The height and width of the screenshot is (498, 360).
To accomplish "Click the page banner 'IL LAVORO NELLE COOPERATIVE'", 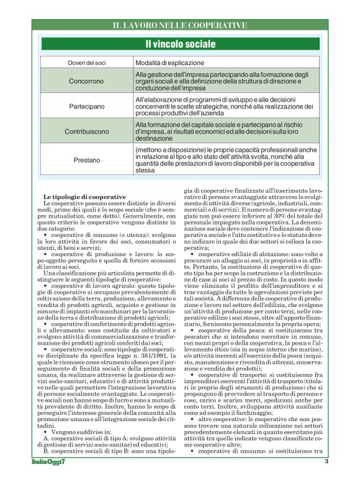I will tap(180, 25).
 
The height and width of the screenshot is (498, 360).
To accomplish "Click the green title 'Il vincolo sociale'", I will tap(180, 44).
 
